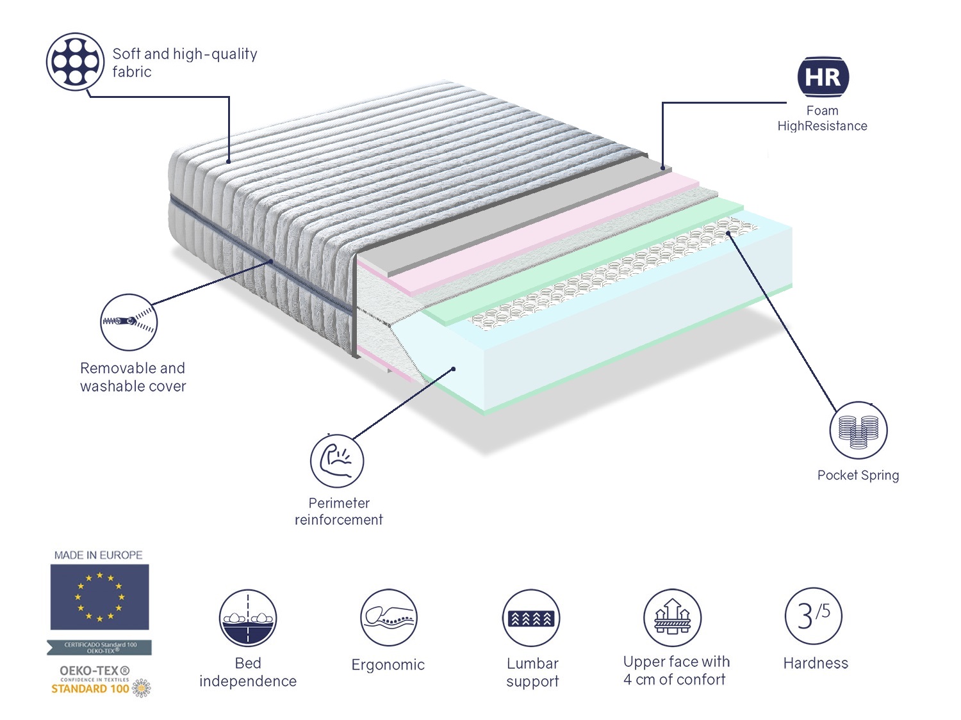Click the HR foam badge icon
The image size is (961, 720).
[x=823, y=77]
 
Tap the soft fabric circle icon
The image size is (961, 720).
[x=75, y=62]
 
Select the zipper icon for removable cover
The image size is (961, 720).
[x=129, y=322]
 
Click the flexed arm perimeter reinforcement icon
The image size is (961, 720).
[x=337, y=460]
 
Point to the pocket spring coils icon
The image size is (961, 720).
[x=858, y=430]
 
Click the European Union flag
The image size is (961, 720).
[x=99, y=596]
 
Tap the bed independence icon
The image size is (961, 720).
[x=248, y=618]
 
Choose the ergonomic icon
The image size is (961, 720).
[x=388, y=618]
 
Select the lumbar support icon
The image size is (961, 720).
[x=531, y=618]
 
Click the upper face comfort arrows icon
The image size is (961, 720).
[x=672, y=618]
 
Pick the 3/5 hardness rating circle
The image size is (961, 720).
[x=814, y=616]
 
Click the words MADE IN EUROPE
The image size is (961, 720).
[x=98, y=555]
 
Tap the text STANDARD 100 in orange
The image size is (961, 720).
[x=90, y=689]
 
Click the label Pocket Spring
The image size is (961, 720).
[x=858, y=475]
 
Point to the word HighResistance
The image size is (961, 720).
[x=822, y=126]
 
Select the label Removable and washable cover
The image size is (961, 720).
[x=133, y=377]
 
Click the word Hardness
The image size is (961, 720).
[x=816, y=663]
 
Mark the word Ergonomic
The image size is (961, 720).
[x=388, y=665]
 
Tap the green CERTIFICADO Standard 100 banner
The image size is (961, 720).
[x=99, y=648]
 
